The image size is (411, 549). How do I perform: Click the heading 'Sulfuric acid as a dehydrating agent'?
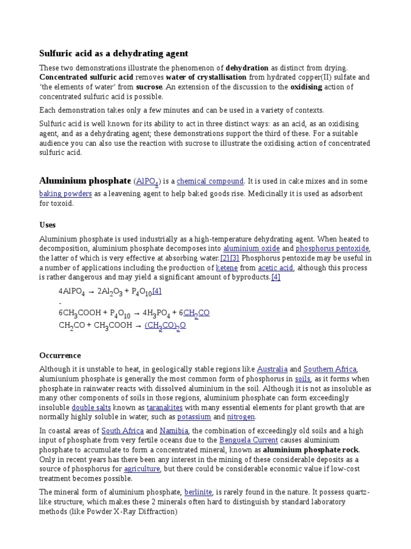click(x=113, y=54)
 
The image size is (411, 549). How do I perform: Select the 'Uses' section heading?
click(x=48, y=225)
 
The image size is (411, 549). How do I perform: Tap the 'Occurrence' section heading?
click(x=60, y=355)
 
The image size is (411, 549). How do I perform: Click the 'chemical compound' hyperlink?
click(x=210, y=181)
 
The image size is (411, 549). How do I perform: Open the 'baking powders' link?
click(x=65, y=194)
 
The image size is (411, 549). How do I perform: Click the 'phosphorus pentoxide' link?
click(x=332, y=249)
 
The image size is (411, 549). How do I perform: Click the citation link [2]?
click(x=225, y=258)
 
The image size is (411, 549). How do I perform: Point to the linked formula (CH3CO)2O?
click(x=165, y=325)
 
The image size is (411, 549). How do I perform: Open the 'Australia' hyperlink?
click(x=272, y=369)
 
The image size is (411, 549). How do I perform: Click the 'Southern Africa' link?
click(x=330, y=369)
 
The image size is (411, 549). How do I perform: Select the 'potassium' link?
click(x=194, y=417)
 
